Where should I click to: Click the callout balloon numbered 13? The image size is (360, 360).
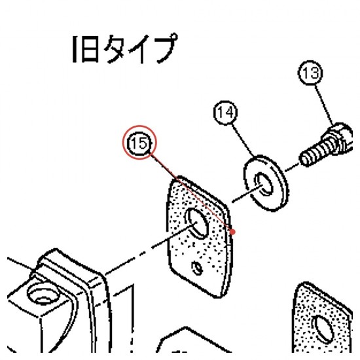coord(310,73)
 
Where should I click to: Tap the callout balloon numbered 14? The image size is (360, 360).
coord(225,113)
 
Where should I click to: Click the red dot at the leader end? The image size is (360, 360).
coord(232,232)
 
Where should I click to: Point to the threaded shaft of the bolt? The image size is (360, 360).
coord(315,153)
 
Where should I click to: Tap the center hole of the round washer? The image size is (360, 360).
coord(264,185)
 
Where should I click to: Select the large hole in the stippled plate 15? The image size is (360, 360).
coord(197,223)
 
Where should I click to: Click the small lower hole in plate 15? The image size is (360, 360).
coord(197,268)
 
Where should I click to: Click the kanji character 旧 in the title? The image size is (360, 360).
coord(85,49)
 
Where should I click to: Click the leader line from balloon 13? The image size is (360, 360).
coord(324,105)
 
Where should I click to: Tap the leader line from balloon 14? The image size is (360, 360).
coord(242,141)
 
